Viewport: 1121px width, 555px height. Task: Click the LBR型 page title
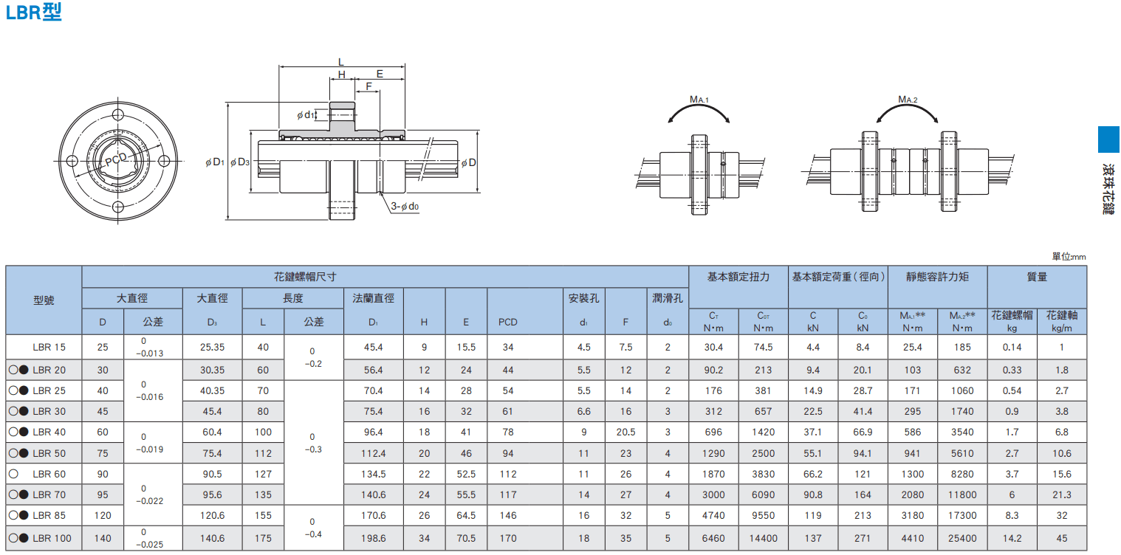coord(33,12)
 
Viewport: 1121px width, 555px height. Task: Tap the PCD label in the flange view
coord(116,159)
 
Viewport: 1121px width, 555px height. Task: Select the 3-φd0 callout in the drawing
coord(405,206)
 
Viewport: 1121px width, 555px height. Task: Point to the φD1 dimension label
coord(215,162)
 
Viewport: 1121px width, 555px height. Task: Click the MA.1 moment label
coord(699,100)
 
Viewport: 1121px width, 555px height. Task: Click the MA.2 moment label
coord(908,100)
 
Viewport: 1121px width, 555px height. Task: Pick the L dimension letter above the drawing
coord(341,62)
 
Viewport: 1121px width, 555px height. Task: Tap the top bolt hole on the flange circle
coord(118,114)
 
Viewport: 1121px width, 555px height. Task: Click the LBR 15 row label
coord(49,347)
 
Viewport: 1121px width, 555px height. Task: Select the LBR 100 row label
coord(52,539)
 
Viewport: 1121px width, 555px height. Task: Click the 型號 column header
coord(44,300)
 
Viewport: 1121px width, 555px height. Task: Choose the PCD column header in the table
coord(508,322)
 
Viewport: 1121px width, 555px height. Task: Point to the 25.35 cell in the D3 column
coord(212,347)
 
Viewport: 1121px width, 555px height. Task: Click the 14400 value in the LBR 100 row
coord(763,539)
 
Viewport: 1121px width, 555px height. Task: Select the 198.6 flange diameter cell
coord(374,539)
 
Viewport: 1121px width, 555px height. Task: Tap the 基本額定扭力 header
coord(738,277)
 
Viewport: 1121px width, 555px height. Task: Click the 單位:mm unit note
coord(1069,257)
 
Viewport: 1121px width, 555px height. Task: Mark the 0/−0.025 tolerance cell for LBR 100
coord(149,538)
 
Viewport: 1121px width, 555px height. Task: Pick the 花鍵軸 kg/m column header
coord(1062,321)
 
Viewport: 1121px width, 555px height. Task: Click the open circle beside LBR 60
coord(13,474)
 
